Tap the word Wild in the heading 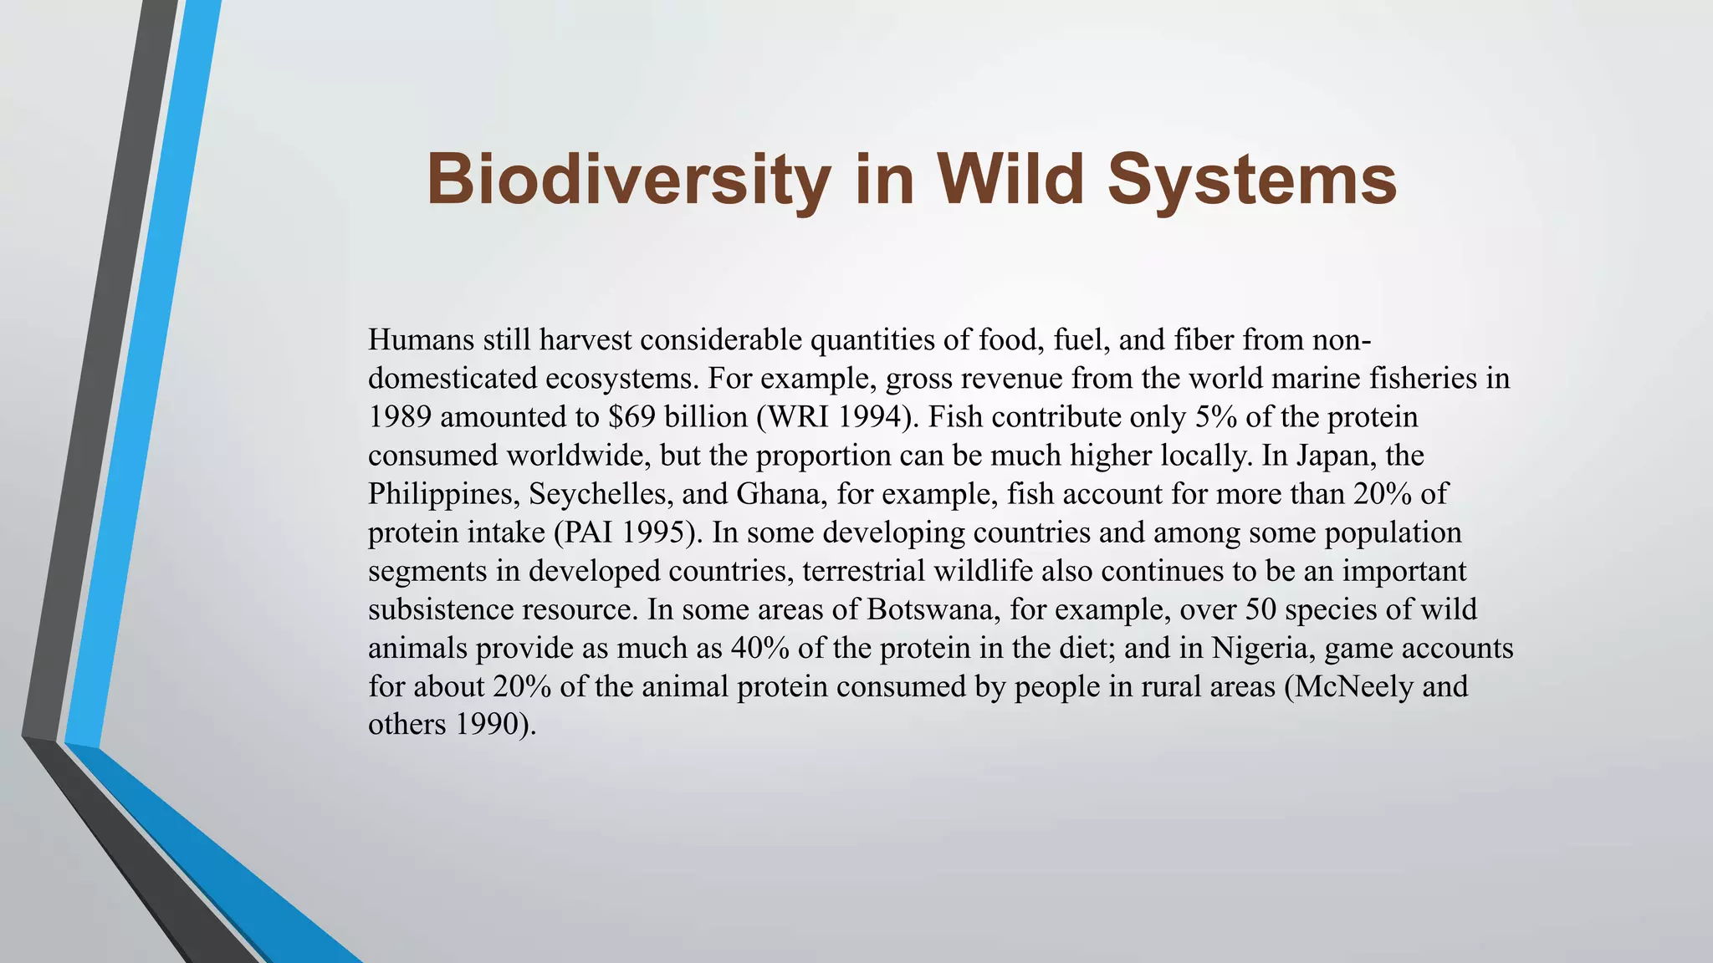tap(1011, 179)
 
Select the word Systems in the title tap(1252, 181)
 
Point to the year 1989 tap(400, 417)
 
